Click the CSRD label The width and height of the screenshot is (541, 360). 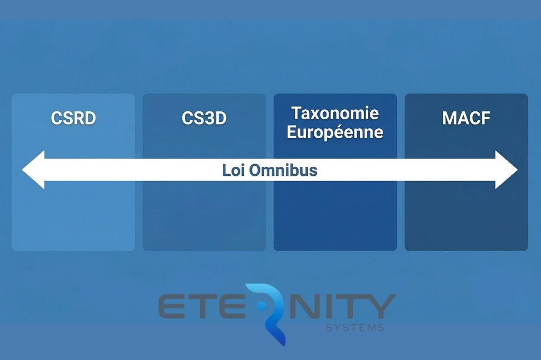coord(73,118)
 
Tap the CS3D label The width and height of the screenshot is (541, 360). coord(204,118)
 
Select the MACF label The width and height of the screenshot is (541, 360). coord(466,118)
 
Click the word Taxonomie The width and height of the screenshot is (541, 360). coord(335,113)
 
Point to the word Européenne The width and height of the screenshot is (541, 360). coord(335,132)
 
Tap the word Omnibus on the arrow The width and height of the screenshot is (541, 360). coord(283,170)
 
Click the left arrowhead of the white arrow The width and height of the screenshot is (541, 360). coord(33,169)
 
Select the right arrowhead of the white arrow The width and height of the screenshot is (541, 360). coord(507,169)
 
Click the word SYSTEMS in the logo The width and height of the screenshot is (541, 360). coord(356,327)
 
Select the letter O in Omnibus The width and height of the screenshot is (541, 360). coord(255,170)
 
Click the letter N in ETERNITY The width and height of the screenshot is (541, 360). coord(304,306)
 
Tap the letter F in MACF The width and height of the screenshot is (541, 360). coord(486,118)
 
